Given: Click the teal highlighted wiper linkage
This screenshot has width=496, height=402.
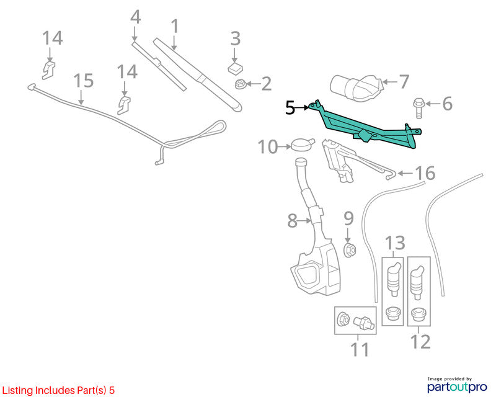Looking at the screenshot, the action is click(x=364, y=127).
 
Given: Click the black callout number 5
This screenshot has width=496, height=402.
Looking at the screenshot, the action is click(x=290, y=108).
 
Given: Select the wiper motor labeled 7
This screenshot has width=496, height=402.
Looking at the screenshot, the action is click(x=356, y=87).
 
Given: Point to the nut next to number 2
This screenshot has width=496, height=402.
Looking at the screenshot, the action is click(x=240, y=84).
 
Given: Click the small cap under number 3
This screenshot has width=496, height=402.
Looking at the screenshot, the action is click(x=235, y=68).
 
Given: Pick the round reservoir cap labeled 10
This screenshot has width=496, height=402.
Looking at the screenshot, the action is click(x=303, y=146).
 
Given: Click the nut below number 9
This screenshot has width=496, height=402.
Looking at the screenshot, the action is click(x=350, y=250).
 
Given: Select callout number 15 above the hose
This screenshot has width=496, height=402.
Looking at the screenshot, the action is click(x=84, y=81).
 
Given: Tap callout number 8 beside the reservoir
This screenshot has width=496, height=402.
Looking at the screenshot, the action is click(x=292, y=221).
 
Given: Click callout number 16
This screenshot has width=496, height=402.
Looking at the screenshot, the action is click(x=425, y=173).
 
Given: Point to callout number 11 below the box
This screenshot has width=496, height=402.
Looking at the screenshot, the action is click(x=360, y=350).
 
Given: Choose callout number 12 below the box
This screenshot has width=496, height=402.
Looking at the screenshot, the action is click(x=420, y=342).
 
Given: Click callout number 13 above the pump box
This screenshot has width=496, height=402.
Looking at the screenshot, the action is click(x=395, y=243).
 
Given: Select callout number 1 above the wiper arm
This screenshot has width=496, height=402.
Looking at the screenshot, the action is click(x=175, y=26).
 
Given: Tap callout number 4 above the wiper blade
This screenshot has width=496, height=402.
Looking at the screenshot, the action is click(x=135, y=17).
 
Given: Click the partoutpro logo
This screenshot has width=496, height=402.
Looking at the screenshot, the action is click(x=457, y=387).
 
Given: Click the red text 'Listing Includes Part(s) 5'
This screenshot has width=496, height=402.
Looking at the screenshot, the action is click(x=58, y=390).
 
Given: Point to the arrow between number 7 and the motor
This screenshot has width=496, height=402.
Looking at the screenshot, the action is click(x=389, y=82).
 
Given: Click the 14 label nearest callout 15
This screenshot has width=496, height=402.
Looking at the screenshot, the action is click(x=127, y=72).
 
